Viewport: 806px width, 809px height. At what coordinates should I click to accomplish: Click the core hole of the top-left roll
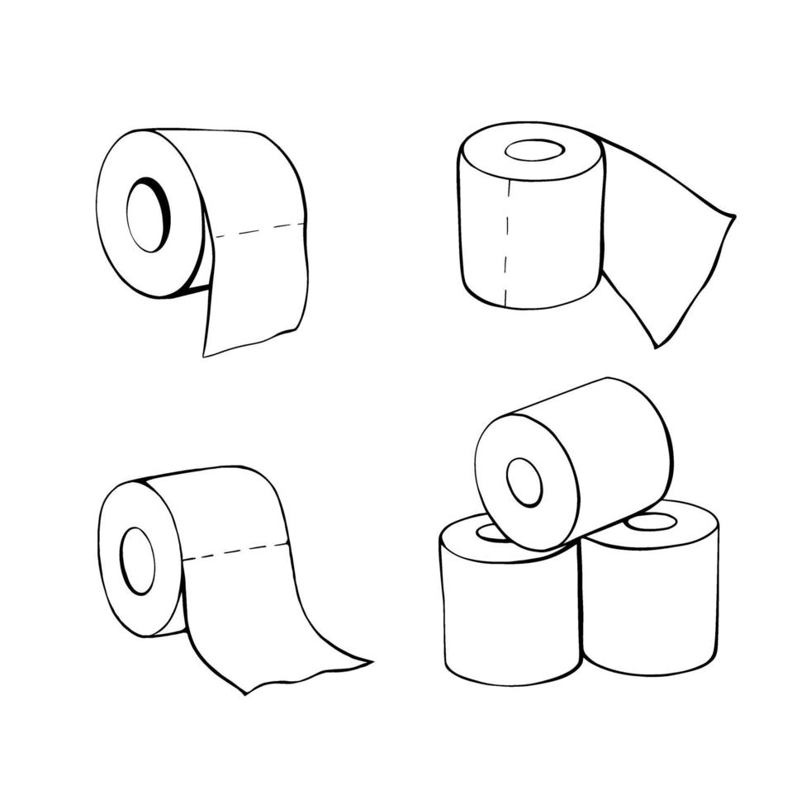click(x=147, y=217)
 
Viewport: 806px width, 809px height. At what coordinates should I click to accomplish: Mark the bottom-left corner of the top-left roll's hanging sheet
click(x=205, y=355)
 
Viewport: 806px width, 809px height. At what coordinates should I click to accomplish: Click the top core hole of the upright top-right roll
click(x=534, y=150)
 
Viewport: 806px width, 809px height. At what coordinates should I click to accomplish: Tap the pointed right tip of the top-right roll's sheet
click(x=733, y=217)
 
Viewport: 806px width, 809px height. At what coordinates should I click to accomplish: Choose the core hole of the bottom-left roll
click(x=137, y=561)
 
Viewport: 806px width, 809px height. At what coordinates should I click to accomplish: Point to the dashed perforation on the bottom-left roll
click(x=235, y=551)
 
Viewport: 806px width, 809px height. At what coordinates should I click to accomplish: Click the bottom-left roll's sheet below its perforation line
click(x=248, y=611)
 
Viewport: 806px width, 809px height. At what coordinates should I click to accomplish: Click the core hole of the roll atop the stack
click(x=524, y=482)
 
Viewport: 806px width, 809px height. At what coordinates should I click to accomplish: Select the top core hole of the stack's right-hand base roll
click(x=652, y=522)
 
